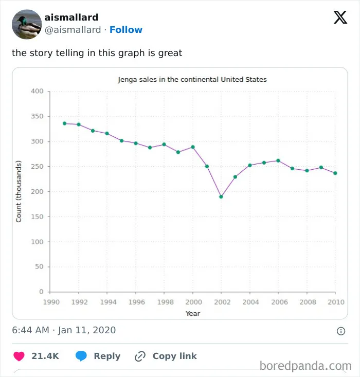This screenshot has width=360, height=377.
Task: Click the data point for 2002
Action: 221,196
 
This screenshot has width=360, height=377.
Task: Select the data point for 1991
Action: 64,123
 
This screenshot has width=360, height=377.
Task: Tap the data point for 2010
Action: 335,173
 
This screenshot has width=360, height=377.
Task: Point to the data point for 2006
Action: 278,160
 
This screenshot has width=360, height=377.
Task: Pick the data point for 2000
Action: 193,147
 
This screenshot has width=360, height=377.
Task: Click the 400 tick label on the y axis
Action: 37,91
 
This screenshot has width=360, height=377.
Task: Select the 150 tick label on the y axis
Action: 37,217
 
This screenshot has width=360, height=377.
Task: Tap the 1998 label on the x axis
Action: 165,302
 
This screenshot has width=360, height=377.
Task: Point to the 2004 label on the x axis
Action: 250,302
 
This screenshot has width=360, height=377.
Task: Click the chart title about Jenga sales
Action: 192,80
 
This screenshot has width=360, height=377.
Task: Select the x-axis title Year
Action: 193,314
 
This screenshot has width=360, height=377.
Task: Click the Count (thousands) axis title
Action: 19,191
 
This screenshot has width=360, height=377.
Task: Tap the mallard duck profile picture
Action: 27,24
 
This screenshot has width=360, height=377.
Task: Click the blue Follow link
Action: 126,30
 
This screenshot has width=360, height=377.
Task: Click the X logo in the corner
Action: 340,17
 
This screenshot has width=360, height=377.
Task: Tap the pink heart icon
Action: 19,356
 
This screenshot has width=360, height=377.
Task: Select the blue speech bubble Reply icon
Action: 81,356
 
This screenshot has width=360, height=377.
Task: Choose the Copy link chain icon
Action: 140,356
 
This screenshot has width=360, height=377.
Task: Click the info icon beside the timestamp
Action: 341,331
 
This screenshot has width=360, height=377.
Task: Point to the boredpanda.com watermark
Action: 305,366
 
